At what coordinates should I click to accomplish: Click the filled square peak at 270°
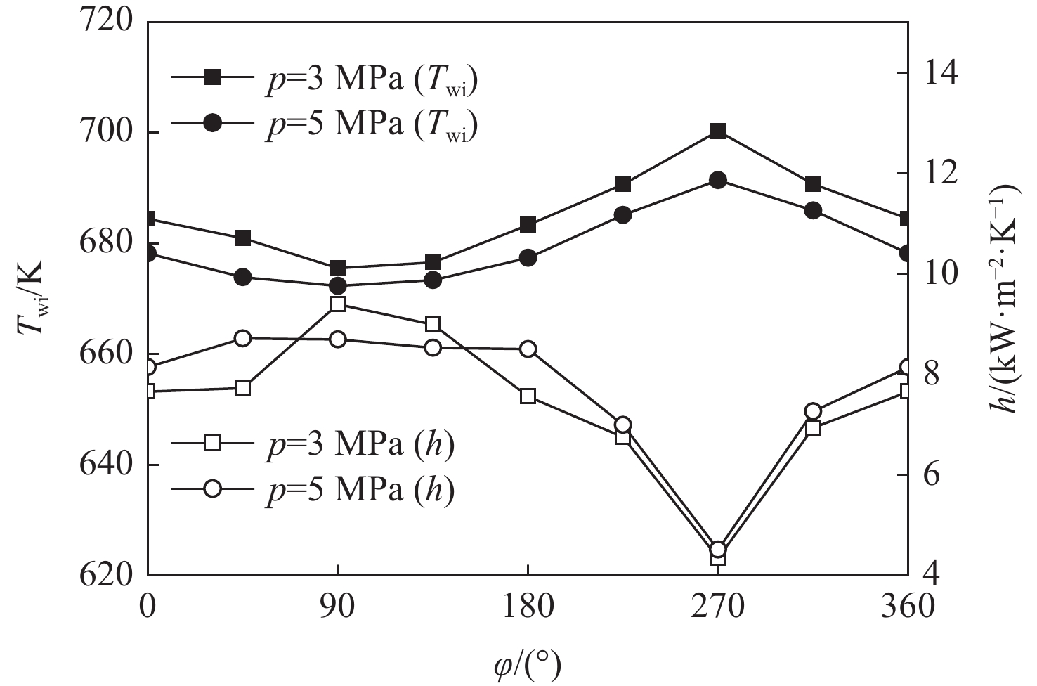pos(717,131)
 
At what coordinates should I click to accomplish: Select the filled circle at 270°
pos(717,181)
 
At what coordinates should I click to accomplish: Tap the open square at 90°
pos(338,304)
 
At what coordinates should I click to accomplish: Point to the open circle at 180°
pos(528,349)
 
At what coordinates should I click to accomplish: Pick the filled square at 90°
pos(338,268)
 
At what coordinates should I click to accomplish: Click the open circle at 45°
pos(243,338)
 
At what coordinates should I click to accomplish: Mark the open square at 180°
pos(528,396)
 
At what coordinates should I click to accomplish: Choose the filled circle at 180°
pos(528,258)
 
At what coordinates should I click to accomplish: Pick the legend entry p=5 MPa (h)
pos(313,489)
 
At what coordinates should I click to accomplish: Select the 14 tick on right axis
pos(944,73)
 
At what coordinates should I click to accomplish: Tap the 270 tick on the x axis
pos(717,606)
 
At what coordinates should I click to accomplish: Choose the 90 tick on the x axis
pos(338,606)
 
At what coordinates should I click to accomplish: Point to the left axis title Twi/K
pos(32,297)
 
